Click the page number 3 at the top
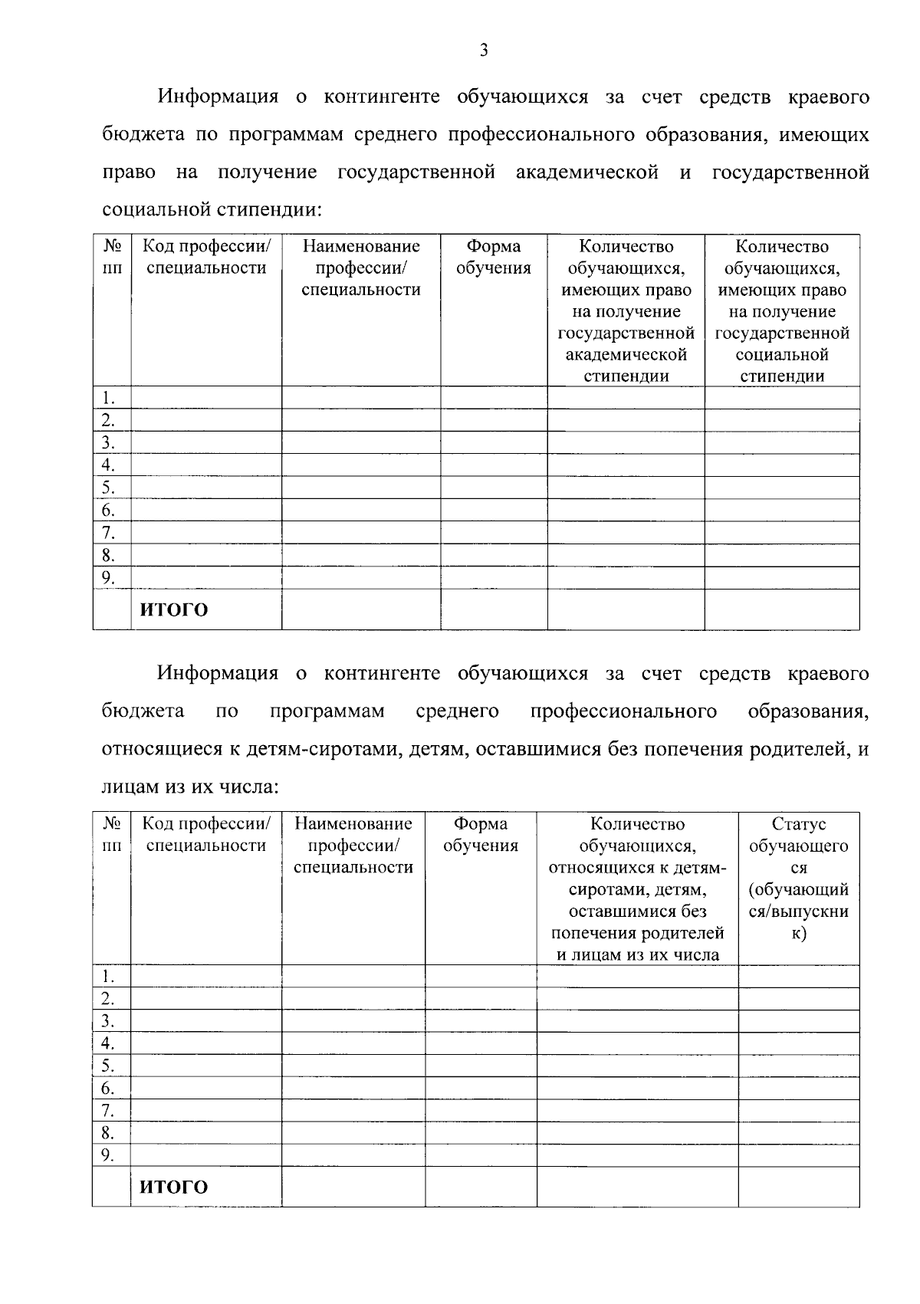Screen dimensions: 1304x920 [483, 51]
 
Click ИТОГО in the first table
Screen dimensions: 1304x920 [173, 610]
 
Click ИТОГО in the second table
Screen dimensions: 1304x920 [173, 1187]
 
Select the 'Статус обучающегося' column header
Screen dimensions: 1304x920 [799, 879]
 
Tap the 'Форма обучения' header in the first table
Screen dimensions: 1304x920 [494, 258]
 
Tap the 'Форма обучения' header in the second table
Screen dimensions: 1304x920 [481, 835]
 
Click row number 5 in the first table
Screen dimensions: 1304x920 [108, 488]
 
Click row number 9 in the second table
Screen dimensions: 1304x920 [108, 1155]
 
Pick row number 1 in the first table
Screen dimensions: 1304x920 [108, 398]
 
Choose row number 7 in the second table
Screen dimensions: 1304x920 [108, 1110]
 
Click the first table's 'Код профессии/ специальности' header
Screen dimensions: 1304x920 [206, 258]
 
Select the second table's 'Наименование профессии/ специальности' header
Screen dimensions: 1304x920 [353, 846]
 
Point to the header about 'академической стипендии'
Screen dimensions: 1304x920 [626, 311]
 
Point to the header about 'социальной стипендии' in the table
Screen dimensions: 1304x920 [782, 311]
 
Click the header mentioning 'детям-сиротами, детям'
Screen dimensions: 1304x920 [637, 889]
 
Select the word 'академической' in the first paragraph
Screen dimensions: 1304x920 [587, 172]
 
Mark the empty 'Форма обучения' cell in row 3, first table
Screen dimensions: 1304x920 [494, 442]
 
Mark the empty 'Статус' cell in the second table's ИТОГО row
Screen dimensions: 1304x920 [799, 1187]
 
